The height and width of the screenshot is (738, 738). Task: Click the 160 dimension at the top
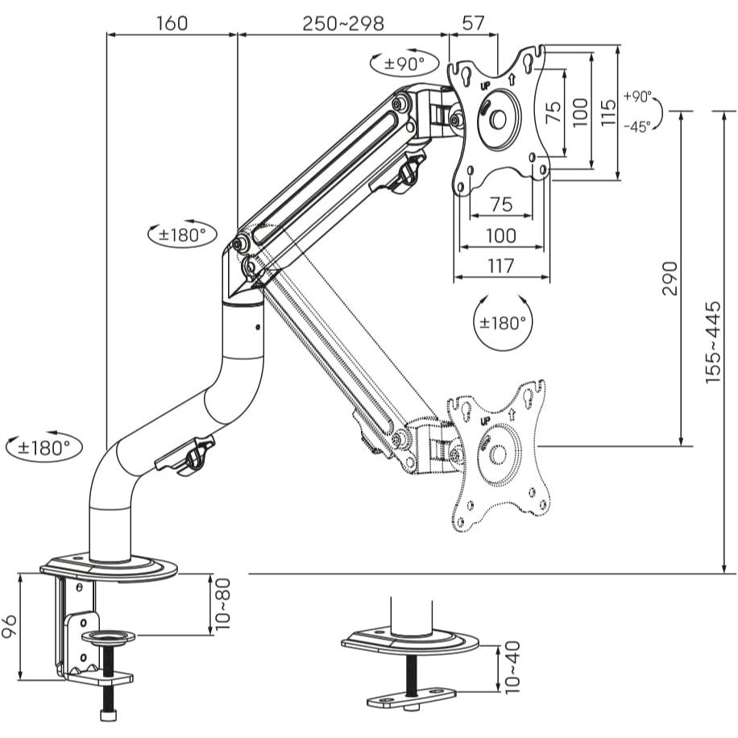coord(172,23)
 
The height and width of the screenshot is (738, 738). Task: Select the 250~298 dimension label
coord(343,23)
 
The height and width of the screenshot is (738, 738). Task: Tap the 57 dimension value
coord(473,23)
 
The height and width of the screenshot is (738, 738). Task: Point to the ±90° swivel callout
coord(404,63)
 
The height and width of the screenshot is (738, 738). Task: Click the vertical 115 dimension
coord(608,112)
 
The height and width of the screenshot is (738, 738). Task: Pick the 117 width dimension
coord(500,266)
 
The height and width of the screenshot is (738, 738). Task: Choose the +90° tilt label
coord(637,97)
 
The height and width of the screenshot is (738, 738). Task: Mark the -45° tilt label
coord(637,126)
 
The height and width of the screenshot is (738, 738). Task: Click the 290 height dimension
coord(670,279)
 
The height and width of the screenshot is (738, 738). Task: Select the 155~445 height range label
coord(712,342)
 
